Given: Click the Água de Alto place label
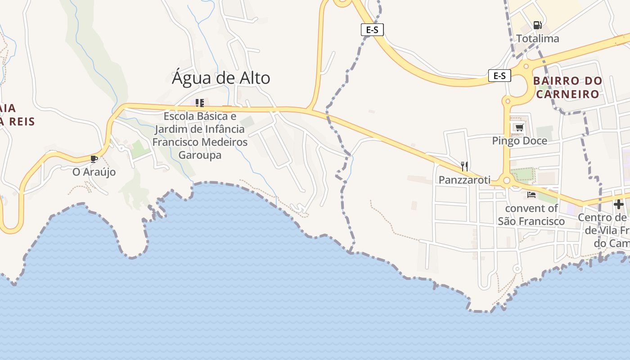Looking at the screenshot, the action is pyautogui.click(x=221, y=78).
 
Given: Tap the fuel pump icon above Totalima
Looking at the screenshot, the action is pyautogui.click(x=537, y=25).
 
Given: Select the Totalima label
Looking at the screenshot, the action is pyautogui.click(x=537, y=39).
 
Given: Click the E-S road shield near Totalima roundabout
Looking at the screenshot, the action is pyautogui.click(x=499, y=76).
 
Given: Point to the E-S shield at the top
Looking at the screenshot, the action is pyautogui.click(x=372, y=30).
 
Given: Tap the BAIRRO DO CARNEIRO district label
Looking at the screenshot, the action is pyautogui.click(x=567, y=87).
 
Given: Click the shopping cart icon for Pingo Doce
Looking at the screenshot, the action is pyautogui.click(x=519, y=127).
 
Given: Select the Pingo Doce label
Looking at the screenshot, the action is pyautogui.click(x=519, y=141).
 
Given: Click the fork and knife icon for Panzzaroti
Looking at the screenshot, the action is pyautogui.click(x=464, y=166).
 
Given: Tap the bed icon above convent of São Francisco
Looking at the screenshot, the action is pyautogui.click(x=531, y=195).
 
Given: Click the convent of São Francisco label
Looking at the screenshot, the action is pyautogui.click(x=531, y=215).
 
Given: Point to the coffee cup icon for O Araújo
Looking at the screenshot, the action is pyautogui.click(x=94, y=159).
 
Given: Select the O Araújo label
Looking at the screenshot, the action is pyautogui.click(x=94, y=172).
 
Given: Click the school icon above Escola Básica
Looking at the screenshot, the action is pyautogui.click(x=200, y=103).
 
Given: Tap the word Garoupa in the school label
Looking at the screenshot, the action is pyautogui.click(x=200, y=155).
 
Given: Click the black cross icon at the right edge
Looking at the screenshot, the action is pyautogui.click(x=619, y=204).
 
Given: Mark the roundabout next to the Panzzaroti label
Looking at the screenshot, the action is pyautogui.click(x=507, y=181).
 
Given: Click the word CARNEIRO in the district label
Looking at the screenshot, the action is pyautogui.click(x=567, y=94).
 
